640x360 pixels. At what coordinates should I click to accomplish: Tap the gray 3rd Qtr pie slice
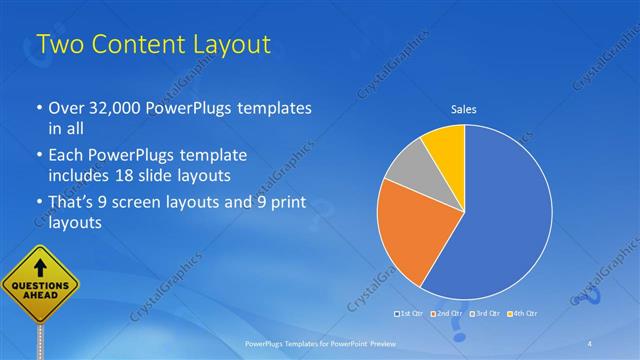[408, 175]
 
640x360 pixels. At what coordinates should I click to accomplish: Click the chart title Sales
[464, 109]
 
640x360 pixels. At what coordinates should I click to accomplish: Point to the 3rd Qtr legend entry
[486, 314]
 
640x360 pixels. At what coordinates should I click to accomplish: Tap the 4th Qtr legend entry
[524, 314]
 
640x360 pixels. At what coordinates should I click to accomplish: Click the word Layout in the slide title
[224, 44]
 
